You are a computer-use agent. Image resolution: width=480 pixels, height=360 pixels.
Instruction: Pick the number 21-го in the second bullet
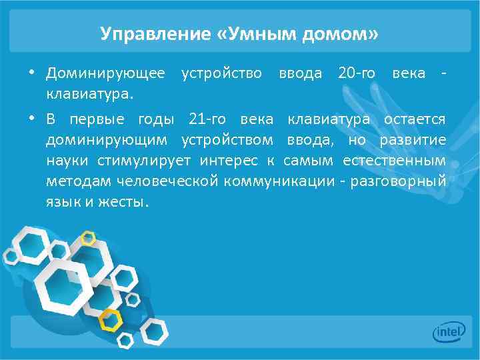[x=208, y=119]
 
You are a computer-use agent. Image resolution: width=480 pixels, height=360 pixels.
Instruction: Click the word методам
[x=78, y=181]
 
